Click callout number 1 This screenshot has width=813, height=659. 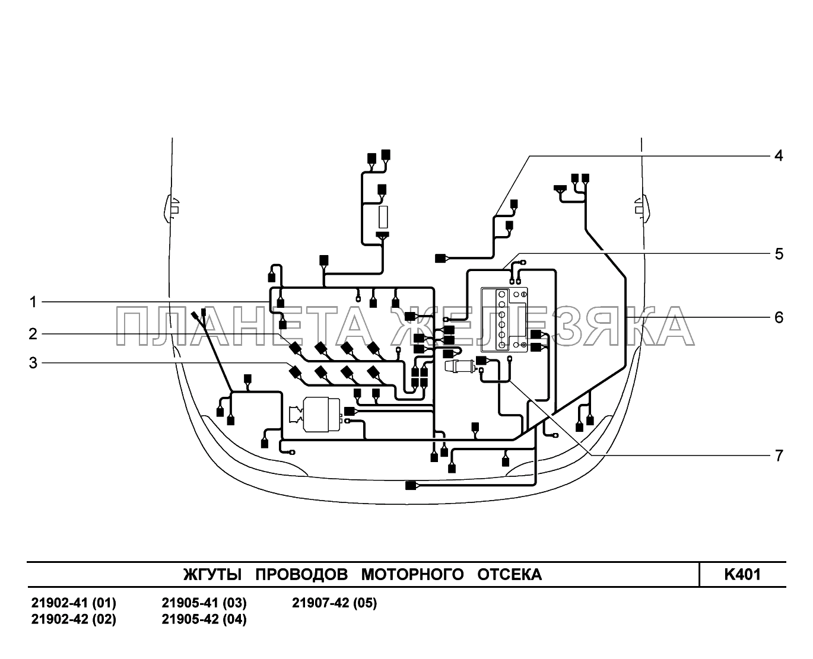(33, 303)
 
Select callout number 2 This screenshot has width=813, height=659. (33, 335)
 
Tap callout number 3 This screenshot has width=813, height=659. (33, 363)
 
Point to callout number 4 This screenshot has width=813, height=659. (779, 155)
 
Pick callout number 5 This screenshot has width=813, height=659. (779, 254)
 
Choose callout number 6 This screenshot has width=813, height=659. (779, 317)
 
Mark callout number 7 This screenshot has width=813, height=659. (779, 456)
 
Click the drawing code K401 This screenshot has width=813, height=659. (742, 574)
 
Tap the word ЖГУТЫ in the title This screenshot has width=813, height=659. (212, 574)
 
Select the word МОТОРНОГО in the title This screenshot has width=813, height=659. (412, 574)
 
